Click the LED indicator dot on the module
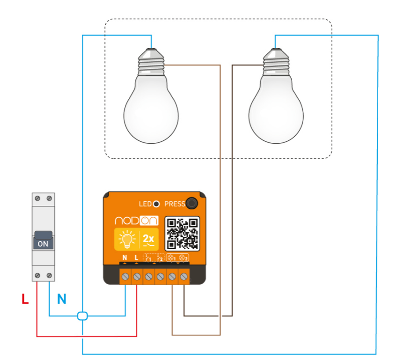pyautogui.click(x=156, y=204)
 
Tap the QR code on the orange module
pyautogui.click(x=183, y=233)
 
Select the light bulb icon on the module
pyautogui.click(x=126, y=240)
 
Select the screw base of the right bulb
pyautogui.click(x=276, y=61)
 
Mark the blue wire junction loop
pyautogui.click(x=82, y=316)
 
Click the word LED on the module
pyautogui.click(x=145, y=204)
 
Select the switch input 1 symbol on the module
pyautogui.click(x=148, y=258)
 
